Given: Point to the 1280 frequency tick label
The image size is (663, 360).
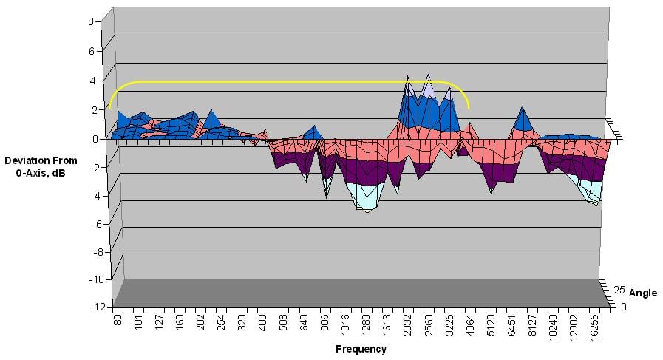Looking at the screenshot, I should (366, 325).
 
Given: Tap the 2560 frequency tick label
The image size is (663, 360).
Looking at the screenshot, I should (428, 325).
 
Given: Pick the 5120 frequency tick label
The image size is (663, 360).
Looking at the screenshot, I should (490, 325).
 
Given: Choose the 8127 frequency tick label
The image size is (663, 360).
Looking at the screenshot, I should (532, 325).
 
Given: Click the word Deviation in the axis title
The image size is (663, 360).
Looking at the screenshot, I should (27, 160).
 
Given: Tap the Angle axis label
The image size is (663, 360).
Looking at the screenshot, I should (642, 293).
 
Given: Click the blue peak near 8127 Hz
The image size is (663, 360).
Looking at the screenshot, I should (523, 118).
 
